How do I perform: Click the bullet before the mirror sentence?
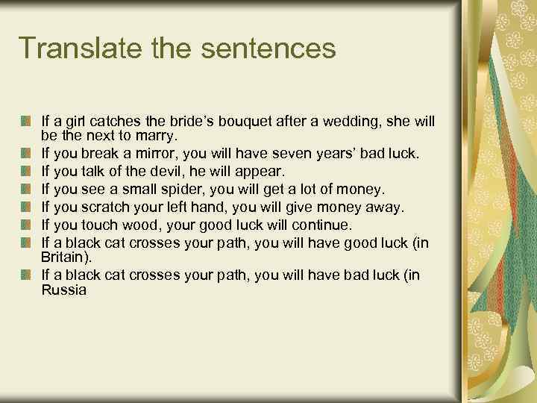pyautogui.click(x=26, y=154)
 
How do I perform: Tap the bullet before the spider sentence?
pyautogui.click(x=26, y=190)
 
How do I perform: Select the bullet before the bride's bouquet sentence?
pyautogui.click(x=26, y=120)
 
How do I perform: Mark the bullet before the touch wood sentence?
pyautogui.click(x=26, y=224)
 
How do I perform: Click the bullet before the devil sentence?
pyautogui.click(x=26, y=172)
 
